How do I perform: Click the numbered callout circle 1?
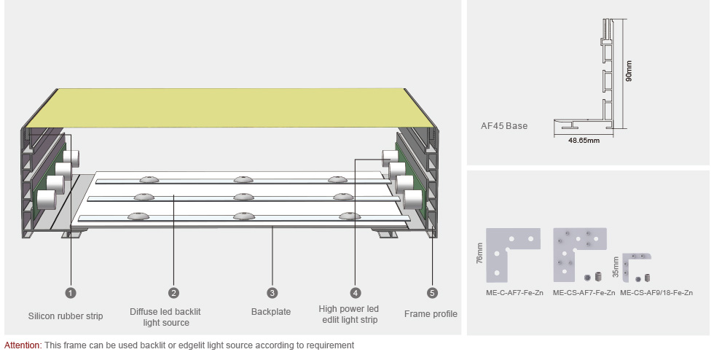(71, 293)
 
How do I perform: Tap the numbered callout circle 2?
(173, 293)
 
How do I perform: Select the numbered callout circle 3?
(272, 293)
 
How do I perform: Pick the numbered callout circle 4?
(356, 293)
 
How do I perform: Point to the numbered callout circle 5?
(433, 293)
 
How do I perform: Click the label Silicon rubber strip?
(66, 316)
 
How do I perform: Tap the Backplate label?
(271, 312)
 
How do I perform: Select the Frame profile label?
(431, 314)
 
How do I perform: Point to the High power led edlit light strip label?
(349, 314)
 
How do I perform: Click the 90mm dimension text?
(629, 70)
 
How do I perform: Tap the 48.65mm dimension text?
(584, 141)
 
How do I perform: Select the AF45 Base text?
(504, 125)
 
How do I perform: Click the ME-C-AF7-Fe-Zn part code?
(514, 293)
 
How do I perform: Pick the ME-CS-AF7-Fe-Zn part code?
(584, 293)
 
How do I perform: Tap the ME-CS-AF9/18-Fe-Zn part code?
(657, 293)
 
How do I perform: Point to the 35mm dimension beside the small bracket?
(616, 267)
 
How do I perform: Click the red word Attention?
(22, 345)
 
